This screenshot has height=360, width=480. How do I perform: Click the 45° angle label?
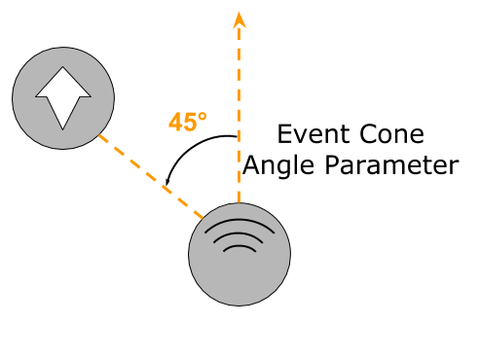[187, 123]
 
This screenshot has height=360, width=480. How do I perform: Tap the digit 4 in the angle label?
[174, 123]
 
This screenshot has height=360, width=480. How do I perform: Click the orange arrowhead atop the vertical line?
[239, 18]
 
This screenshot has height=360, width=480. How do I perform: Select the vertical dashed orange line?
[239, 117]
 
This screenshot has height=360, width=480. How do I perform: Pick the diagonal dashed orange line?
[151, 176]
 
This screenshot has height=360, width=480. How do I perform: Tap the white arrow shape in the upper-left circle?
[63, 97]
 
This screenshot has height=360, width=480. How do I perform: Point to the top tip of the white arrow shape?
[63, 68]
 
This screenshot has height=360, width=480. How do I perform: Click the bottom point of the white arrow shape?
[63, 128]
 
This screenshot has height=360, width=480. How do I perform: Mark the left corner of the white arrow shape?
[37, 96]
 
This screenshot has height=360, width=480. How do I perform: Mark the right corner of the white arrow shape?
[91, 96]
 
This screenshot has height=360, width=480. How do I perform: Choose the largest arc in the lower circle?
[240, 222]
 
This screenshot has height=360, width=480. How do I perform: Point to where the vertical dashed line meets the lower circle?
[239, 204]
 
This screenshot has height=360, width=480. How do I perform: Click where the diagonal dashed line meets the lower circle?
[204, 218]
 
